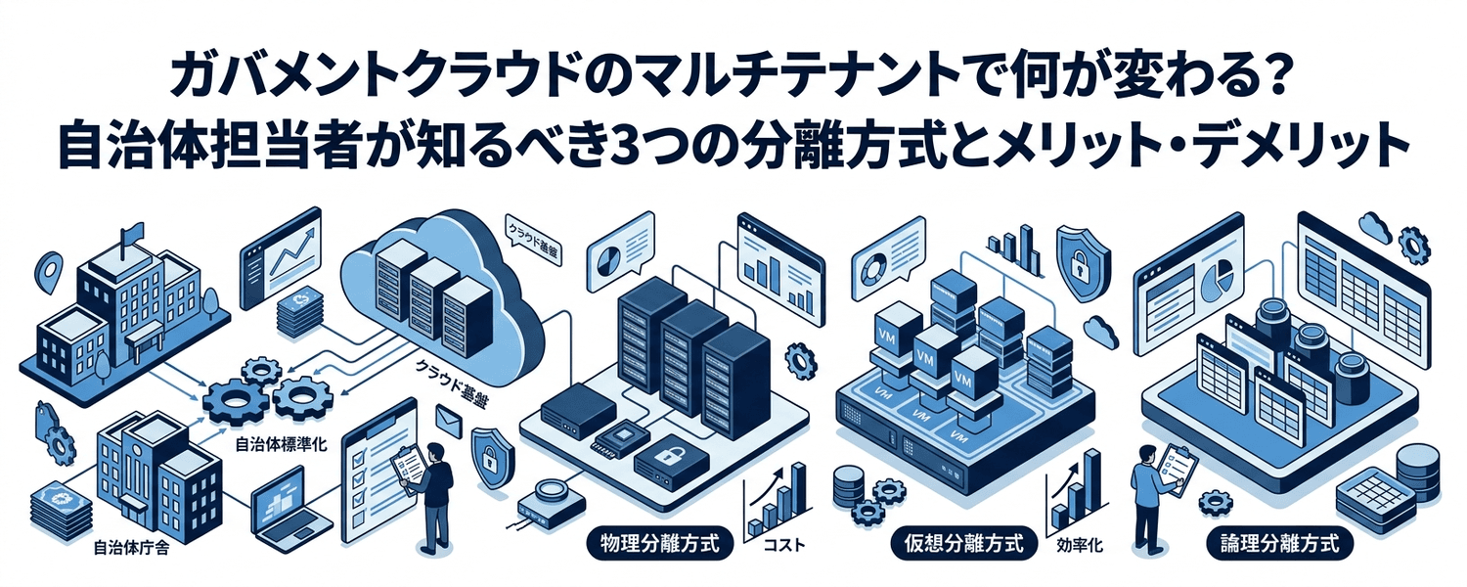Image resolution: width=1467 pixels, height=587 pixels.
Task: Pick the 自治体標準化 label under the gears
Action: click(x=282, y=443)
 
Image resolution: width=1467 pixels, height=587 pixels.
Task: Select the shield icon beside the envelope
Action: click(x=488, y=452)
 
